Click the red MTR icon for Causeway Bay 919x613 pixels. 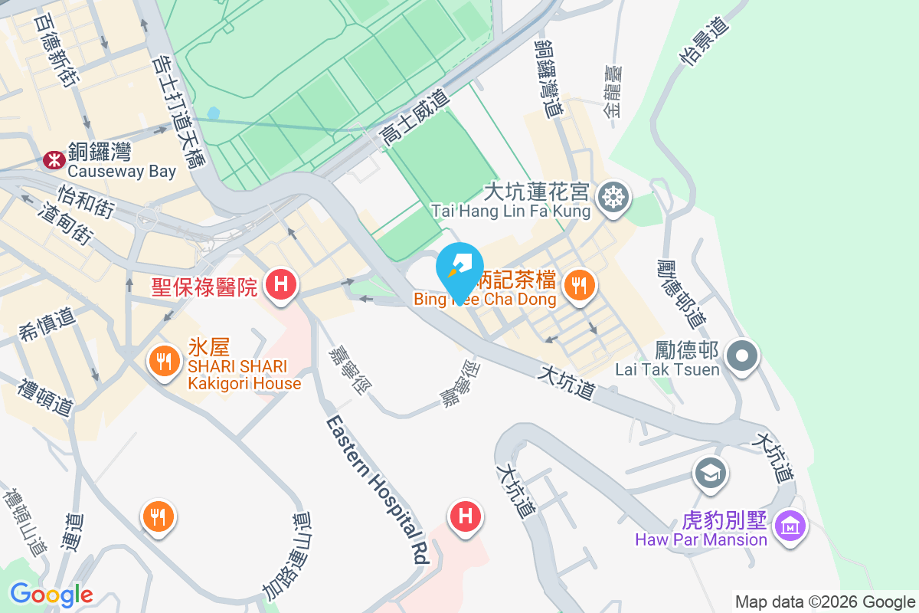tap(54, 159)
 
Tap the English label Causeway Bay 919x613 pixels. tap(122, 171)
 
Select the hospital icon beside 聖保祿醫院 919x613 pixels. tap(281, 285)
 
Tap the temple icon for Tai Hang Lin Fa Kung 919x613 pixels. tap(613, 196)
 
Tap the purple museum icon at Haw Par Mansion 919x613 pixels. tap(789, 526)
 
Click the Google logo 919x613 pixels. tap(51, 594)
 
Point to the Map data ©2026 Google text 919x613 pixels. tap(825, 602)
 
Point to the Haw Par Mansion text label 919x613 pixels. tap(701, 539)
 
